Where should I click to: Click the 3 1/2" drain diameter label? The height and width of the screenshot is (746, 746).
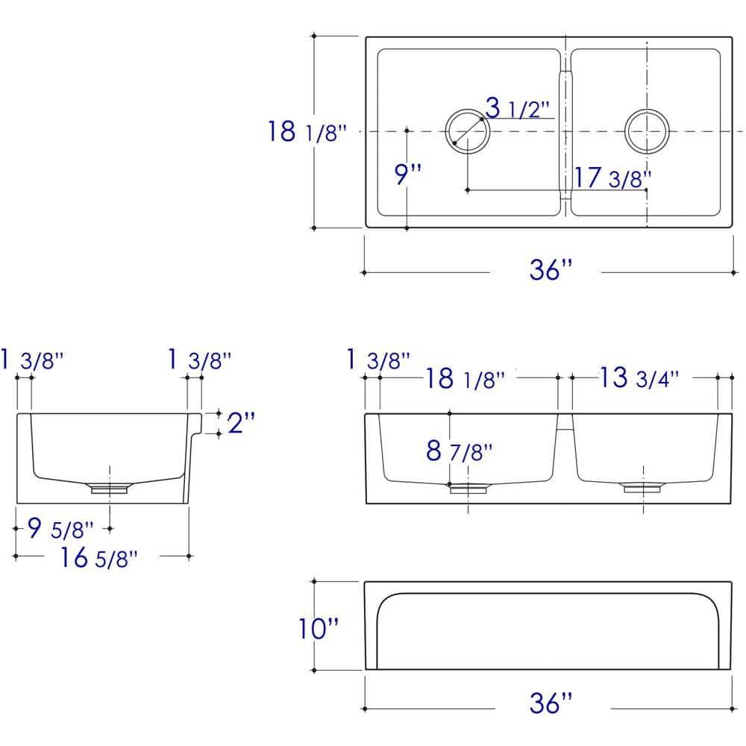click(x=517, y=107)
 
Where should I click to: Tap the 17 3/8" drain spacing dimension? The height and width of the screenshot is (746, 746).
click(x=612, y=178)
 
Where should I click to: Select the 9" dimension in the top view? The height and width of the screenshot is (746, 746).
click(x=408, y=174)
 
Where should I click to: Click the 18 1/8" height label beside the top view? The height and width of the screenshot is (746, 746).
click(x=307, y=131)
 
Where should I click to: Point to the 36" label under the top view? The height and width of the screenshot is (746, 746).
click(x=551, y=269)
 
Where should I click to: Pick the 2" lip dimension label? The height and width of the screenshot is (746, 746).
click(x=241, y=422)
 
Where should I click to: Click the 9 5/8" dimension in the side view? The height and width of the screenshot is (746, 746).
click(x=60, y=528)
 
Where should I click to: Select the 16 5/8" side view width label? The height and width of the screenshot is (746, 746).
click(x=99, y=557)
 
